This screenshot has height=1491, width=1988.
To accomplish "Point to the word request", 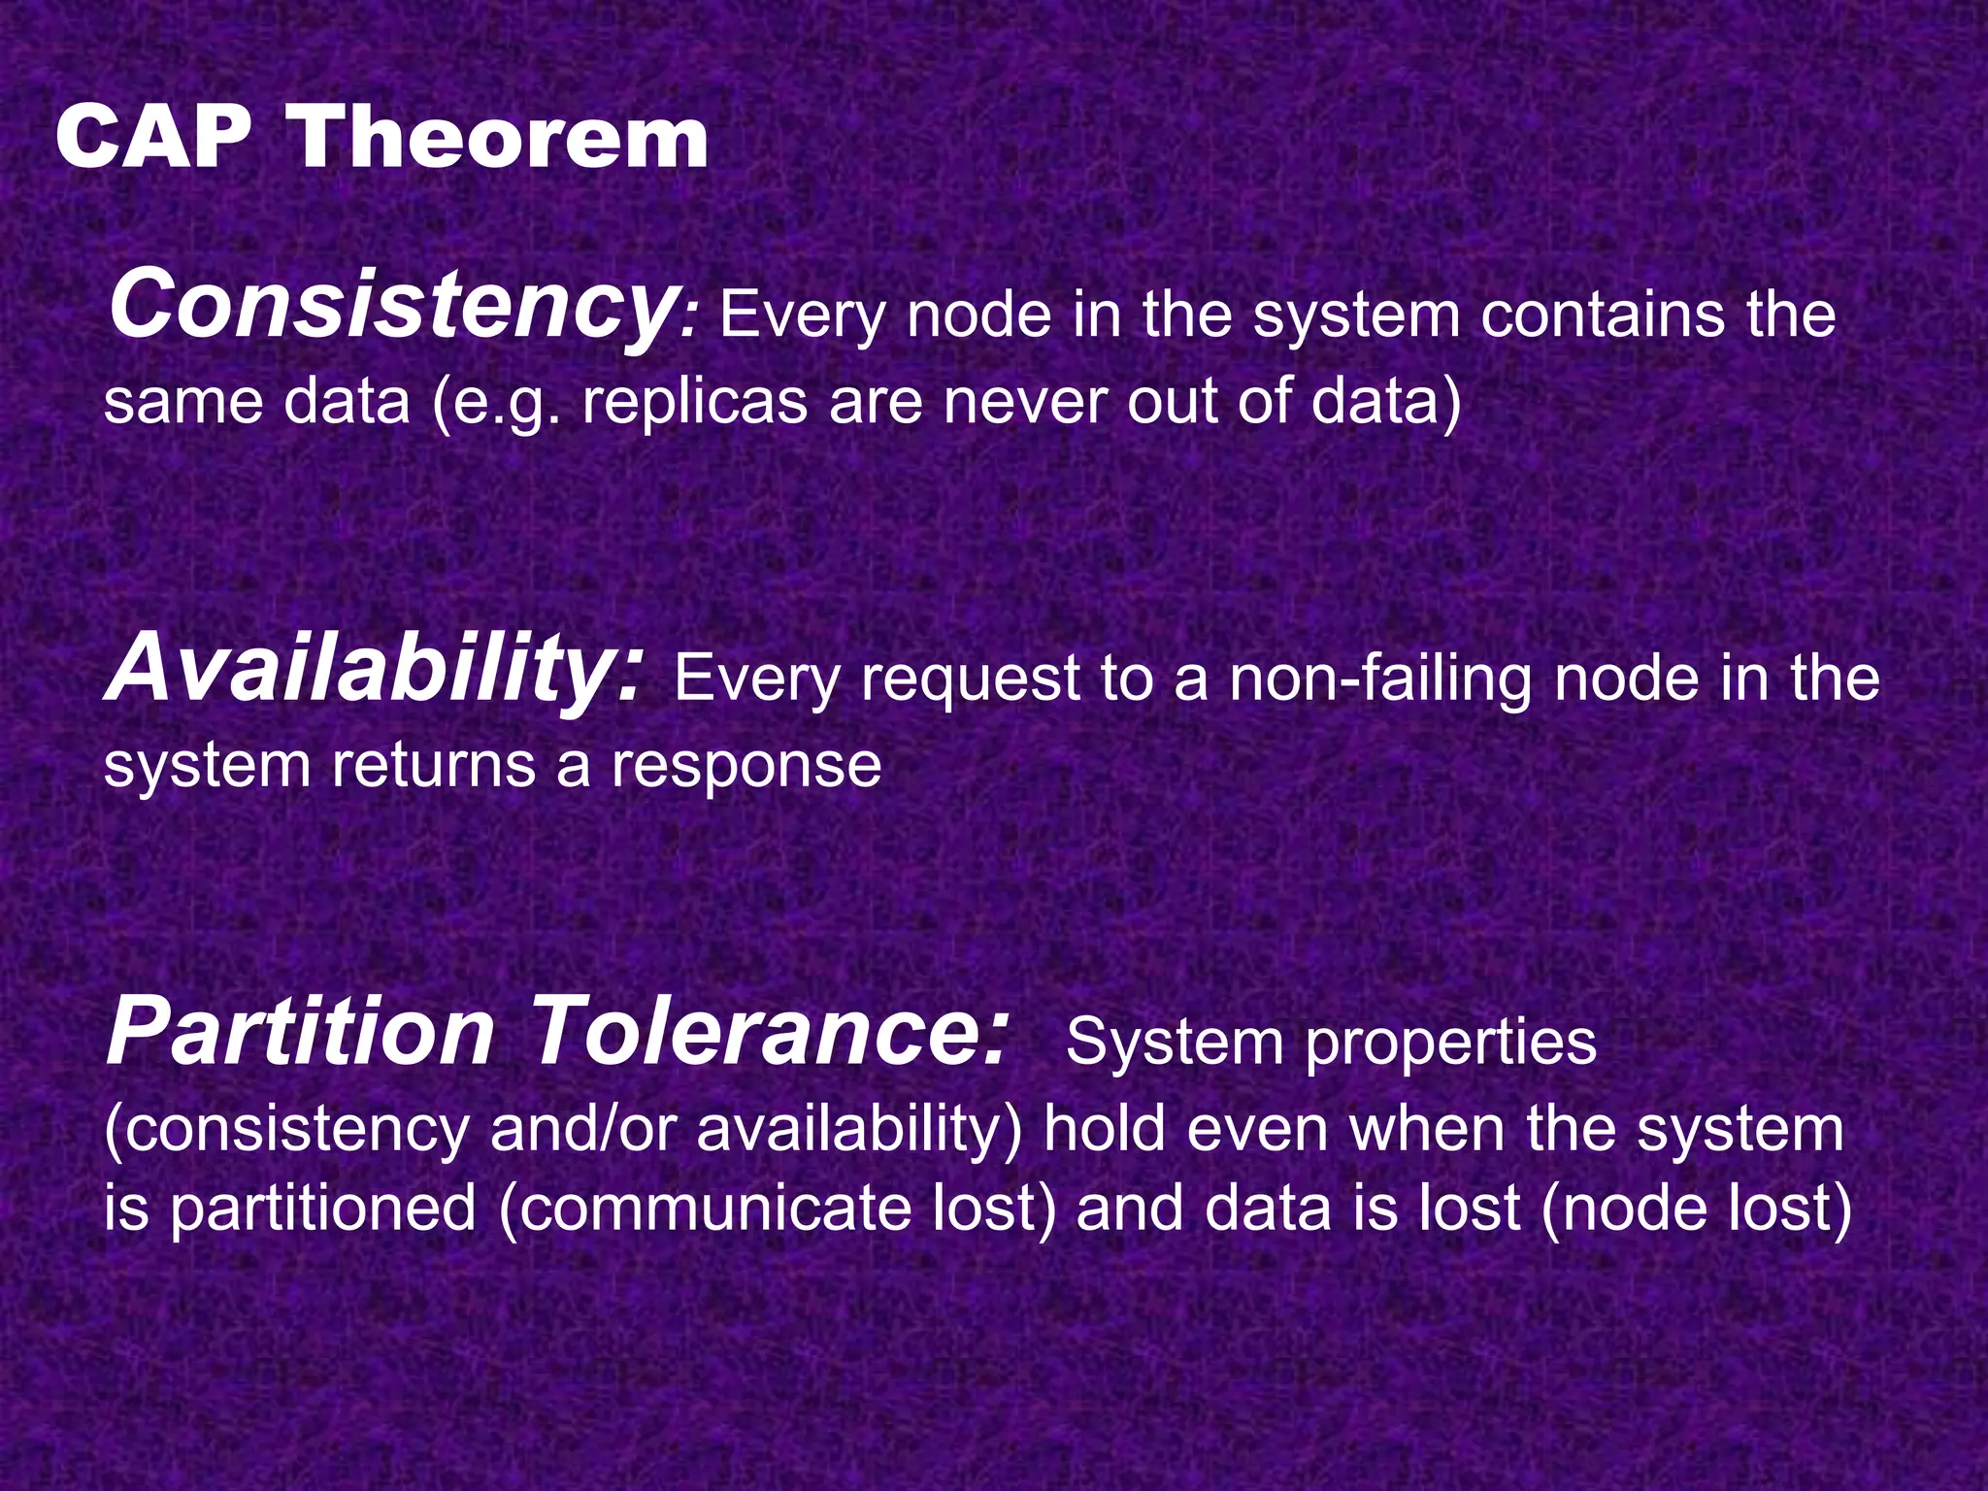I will click(x=970, y=679).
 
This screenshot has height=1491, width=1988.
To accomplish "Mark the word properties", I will click(x=1450, y=1044).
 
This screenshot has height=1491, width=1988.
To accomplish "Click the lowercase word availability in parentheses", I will click(x=859, y=1131).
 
